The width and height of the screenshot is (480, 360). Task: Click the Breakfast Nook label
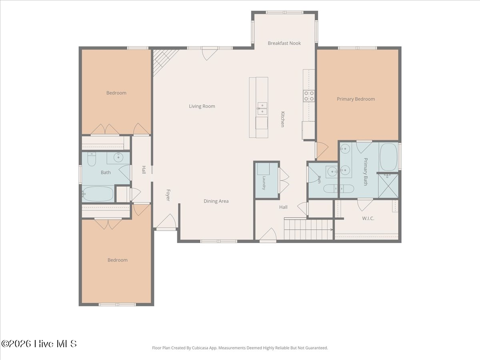[284, 43]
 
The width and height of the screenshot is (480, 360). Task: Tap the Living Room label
[202, 106]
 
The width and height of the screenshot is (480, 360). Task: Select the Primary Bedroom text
[356, 99]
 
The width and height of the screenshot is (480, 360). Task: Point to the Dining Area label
[216, 201]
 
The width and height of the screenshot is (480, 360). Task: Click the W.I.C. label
[368, 218]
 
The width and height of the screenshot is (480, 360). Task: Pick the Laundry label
[264, 183]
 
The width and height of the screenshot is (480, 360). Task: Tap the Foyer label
[168, 195]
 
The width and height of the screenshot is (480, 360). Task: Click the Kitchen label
[282, 119]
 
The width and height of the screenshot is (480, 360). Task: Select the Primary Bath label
[366, 172]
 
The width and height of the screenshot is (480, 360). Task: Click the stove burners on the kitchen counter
[309, 96]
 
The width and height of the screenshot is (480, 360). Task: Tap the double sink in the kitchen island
[262, 108]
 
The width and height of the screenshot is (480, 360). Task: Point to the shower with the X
[388, 186]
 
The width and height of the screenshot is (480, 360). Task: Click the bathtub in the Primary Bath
[388, 157]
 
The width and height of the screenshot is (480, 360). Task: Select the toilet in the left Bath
[92, 159]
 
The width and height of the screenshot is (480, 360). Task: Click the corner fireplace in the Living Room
[164, 61]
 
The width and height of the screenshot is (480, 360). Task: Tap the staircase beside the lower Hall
[308, 229]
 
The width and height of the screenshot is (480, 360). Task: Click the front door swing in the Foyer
[167, 221]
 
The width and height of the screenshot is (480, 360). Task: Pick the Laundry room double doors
[284, 180]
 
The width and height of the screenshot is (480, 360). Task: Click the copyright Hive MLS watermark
[39, 344]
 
